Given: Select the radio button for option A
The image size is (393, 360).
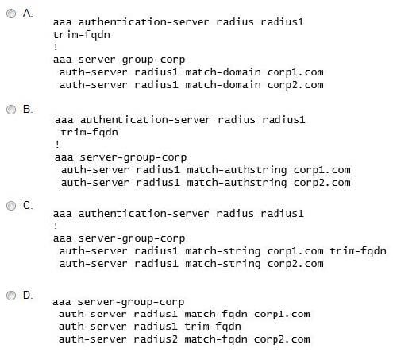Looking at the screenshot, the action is point(11,14).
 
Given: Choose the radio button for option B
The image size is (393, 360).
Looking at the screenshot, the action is point(11,110).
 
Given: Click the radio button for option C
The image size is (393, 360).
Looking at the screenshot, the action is point(11,206).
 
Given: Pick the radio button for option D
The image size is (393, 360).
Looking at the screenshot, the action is point(11,296).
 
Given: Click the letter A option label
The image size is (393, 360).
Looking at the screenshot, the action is point(28,14).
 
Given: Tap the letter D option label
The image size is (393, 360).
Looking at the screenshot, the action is point(28,295).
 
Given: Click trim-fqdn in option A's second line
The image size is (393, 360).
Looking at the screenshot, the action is point(82,35).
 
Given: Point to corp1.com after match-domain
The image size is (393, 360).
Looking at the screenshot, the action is point(295,72).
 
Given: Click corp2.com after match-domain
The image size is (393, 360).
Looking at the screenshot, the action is point(295,85).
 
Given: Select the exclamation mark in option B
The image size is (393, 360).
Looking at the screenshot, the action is point(57,144).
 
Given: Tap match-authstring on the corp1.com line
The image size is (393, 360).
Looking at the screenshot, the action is point(237,170).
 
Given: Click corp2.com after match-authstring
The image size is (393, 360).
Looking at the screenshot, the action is point(322,183).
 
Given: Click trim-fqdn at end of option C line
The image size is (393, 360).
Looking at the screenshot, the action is point(358,251).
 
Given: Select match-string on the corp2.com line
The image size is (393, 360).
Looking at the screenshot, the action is point(223,264).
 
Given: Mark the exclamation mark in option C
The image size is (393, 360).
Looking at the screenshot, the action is point(56,226).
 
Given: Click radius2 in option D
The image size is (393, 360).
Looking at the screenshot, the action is point(156,339).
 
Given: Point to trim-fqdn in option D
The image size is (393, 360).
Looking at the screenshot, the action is point(213,327).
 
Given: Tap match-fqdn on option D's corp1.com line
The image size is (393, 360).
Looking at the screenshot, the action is point(216,314).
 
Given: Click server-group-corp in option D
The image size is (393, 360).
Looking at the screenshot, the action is point(131,302).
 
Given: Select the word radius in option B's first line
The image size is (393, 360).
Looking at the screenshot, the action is point(237,120).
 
